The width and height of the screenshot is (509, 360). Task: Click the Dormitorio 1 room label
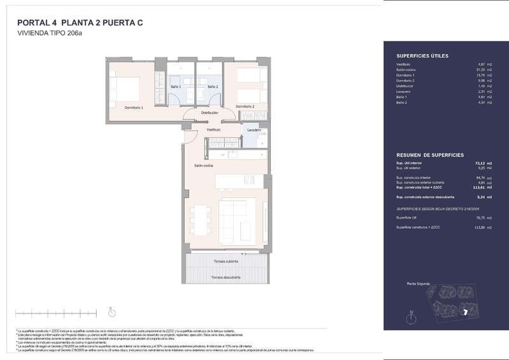click(134, 108)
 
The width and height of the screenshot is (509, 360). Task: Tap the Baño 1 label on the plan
click(176, 87)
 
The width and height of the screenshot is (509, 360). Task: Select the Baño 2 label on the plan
click(213, 87)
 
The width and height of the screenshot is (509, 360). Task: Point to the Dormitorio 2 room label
click(245, 106)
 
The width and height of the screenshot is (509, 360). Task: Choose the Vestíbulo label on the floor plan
click(213, 129)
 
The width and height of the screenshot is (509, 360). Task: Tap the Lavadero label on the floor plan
click(254, 130)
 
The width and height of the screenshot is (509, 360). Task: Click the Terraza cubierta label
click(225, 261)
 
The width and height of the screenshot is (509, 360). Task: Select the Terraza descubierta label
click(226, 278)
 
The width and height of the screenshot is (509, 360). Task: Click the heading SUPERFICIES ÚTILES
click(422, 56)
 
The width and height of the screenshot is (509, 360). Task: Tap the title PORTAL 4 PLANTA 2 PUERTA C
click(80, 24)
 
